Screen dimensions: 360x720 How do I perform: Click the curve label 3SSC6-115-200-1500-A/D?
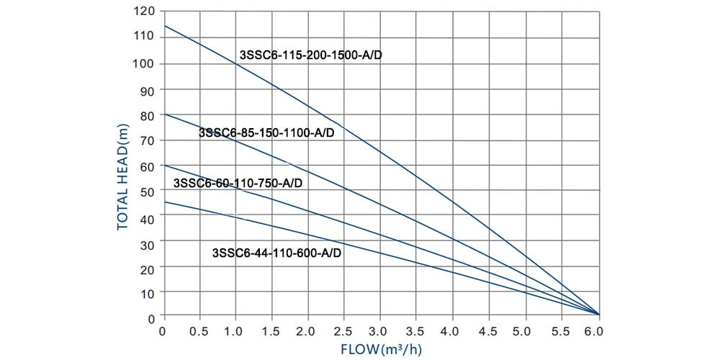(x=310, y=55)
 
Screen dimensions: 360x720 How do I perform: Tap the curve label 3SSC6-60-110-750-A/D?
(x=238, y=183)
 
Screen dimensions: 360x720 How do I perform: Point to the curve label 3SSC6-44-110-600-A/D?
(x=276, y=253)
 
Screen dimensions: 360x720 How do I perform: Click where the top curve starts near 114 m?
(x=164, y=27)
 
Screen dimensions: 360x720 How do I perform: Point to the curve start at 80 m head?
(x=164, y=114)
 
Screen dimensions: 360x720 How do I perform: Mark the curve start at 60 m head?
(x=164, y=165)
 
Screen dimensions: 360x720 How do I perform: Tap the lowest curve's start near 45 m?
(x=164, y=202)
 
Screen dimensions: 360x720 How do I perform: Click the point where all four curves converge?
(x=598, y=314)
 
